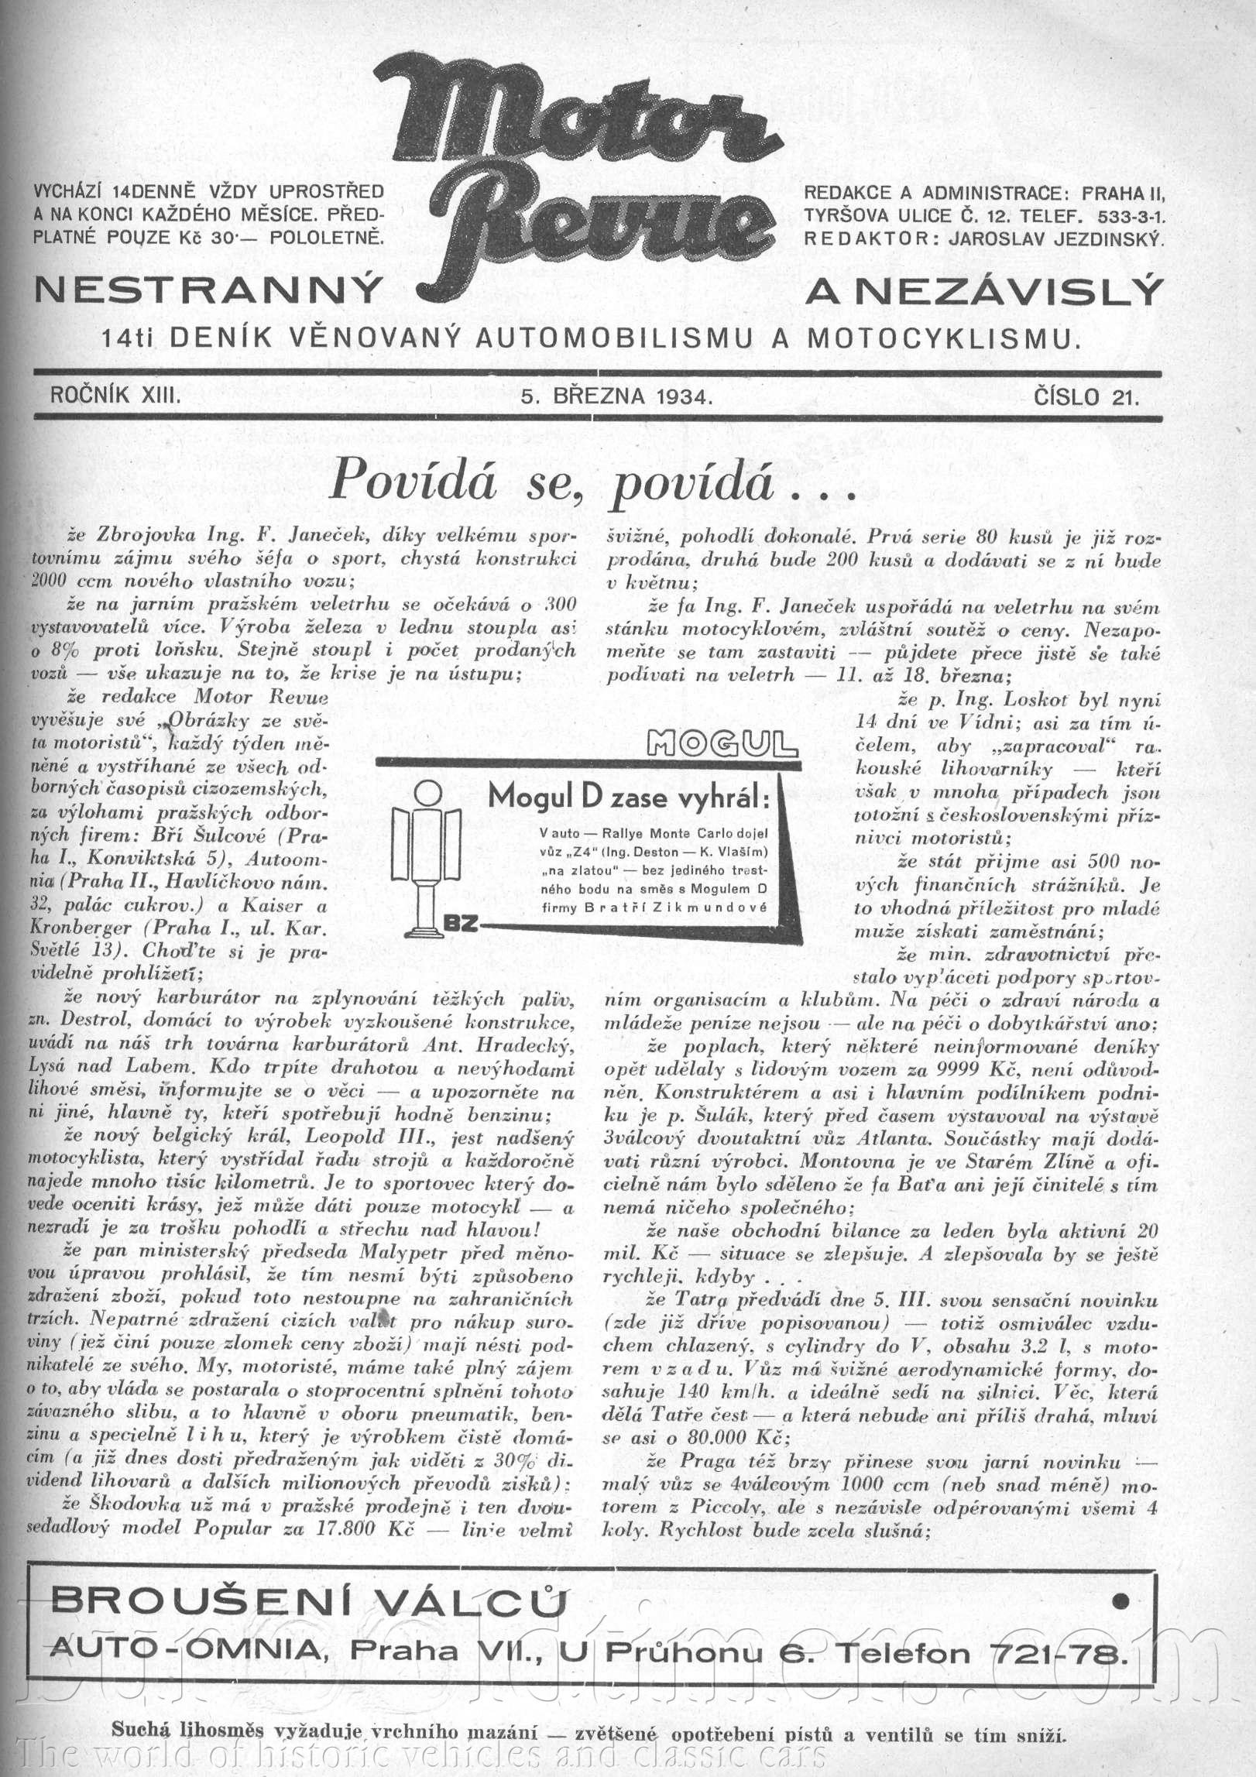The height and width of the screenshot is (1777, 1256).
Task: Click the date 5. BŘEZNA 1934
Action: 616,397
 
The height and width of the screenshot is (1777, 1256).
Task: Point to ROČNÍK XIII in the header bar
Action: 115,397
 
